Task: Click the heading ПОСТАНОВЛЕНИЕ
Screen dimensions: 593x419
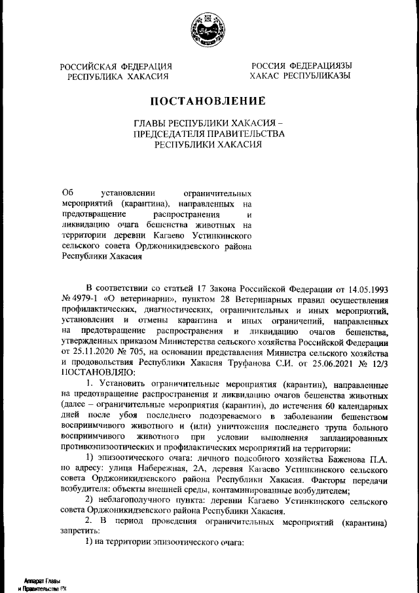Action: pyautogui.click(x=209, y=101)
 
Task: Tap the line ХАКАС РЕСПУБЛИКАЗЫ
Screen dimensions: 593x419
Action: pyautogui.click(x=301, y=76)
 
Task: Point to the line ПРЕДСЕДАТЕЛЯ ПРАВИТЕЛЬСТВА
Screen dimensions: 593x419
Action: pyautogui.click(x=209, y=134)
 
